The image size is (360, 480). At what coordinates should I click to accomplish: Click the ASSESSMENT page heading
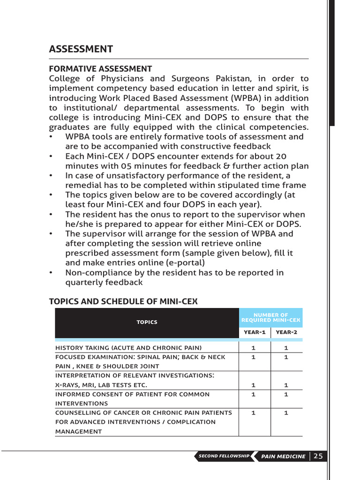pos(81,49)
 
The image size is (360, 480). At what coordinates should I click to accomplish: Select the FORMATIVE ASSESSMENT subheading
pos(100,69)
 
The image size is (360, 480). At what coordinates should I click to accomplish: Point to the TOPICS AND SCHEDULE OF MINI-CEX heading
pos(123,302)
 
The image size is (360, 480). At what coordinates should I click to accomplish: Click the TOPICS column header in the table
pos(147,322)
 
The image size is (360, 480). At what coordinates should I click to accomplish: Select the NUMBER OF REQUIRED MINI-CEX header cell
pos(271,317)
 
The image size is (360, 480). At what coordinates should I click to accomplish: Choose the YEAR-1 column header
pos(255,332)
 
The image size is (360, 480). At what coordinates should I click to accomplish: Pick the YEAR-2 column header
pos(286,332)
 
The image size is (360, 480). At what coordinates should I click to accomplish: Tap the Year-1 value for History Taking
pos(254,348)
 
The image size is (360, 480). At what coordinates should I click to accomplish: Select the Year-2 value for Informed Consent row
pos(286,394)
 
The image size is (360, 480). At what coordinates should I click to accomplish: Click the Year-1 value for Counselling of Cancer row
pos(254,413)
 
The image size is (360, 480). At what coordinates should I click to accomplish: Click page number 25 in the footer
pos(318,456)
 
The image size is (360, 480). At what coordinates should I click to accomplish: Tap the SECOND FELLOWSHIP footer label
pos(224,456)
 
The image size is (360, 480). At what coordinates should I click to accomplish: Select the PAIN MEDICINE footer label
pos(283,456)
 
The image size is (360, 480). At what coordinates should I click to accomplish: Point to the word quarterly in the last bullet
pos(84,282)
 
